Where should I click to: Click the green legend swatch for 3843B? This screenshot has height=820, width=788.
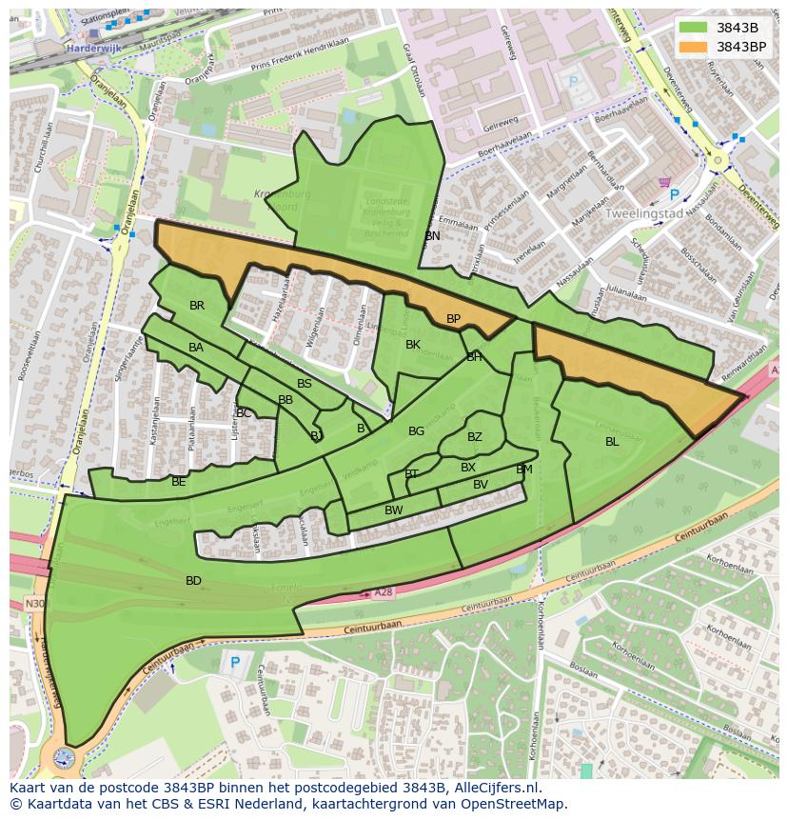pyautogui.click(x=694, y=28)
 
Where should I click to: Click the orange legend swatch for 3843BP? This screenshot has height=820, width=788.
pyautogui.click(x=694, y=46)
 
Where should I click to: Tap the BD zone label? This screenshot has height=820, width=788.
pyautogui.click(x=193, y=580)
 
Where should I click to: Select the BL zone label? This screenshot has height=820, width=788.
pyautogui.click(x=612, y=441)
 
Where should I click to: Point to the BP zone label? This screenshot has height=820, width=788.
pyautogui.click(x=453, y=319)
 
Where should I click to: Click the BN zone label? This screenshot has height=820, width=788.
pyautogui.click(x=432, y=235)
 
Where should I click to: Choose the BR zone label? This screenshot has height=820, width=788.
pyautogui.click(x=197, y=306)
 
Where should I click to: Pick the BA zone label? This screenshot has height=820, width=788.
pyautogui.click(x=196, y=348)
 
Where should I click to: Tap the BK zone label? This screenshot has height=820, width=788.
pyautogui.click(x=413, y=345)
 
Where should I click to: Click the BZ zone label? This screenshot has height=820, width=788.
pyautogui.click(x=474, y=437)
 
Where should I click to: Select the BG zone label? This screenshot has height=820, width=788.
pyautogui.click(x=416, y=431)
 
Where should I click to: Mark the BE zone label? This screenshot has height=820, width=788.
pyautogui.click(x=179, y=482)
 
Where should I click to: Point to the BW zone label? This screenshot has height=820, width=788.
pyautogui.click(x=393, y=510)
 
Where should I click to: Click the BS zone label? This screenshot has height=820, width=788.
pyautogui.click(x=305, y=384)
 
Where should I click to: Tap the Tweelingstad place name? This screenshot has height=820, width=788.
pyautogui.click(x=645, y=214)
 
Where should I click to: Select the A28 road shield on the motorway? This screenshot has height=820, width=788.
pyautogui.click(x=383, y=592)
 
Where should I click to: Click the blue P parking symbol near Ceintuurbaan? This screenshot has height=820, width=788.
pyautogui.click(x=234, y=663)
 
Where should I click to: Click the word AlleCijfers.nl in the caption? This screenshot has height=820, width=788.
pyautogui.click(x=495, y=788)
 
